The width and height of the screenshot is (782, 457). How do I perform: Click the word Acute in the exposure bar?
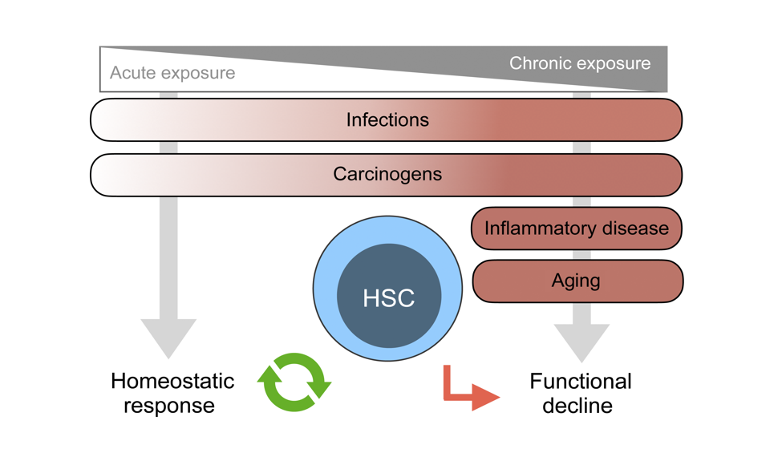click(x=132, y=73)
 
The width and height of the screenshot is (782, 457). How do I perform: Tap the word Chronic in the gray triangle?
click(x=540, y=63)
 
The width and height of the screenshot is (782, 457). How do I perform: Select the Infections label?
click(x=387, y=120)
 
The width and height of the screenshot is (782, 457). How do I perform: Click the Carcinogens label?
click(x=387, y=175)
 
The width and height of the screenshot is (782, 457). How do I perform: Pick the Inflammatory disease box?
click(x=577, y=228)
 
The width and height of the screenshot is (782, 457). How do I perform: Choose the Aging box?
click(x=577, y=281)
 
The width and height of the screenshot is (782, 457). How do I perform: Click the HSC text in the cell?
click(x=388, y=298)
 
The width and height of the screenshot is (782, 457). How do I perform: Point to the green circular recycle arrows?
click(x=294, y=382)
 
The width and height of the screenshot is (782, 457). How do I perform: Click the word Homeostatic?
click(x=172, y=382)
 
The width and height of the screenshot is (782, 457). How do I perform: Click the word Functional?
click(x=581, y=382)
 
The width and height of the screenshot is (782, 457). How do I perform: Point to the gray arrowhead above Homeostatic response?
click(x=168, y=338)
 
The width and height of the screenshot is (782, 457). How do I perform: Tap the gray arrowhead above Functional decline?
click(x=581, y=342)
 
